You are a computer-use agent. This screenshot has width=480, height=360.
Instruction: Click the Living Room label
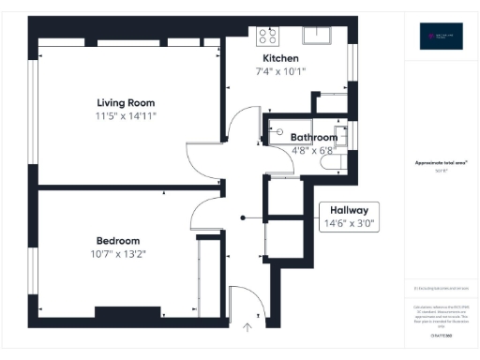[125, 102]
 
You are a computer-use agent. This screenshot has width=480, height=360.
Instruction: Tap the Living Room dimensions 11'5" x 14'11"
[125, 115]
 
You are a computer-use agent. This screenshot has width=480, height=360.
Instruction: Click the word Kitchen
[280, 58]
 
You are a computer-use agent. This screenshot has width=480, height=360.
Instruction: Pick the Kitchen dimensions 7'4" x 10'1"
[280, 71]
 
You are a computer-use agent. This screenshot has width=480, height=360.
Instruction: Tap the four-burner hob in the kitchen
[268, 36]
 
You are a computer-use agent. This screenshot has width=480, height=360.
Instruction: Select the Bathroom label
[315, 137]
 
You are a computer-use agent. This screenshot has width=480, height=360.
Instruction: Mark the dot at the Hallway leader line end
[244, 218]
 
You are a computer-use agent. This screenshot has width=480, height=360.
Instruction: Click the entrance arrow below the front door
[247, 327]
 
